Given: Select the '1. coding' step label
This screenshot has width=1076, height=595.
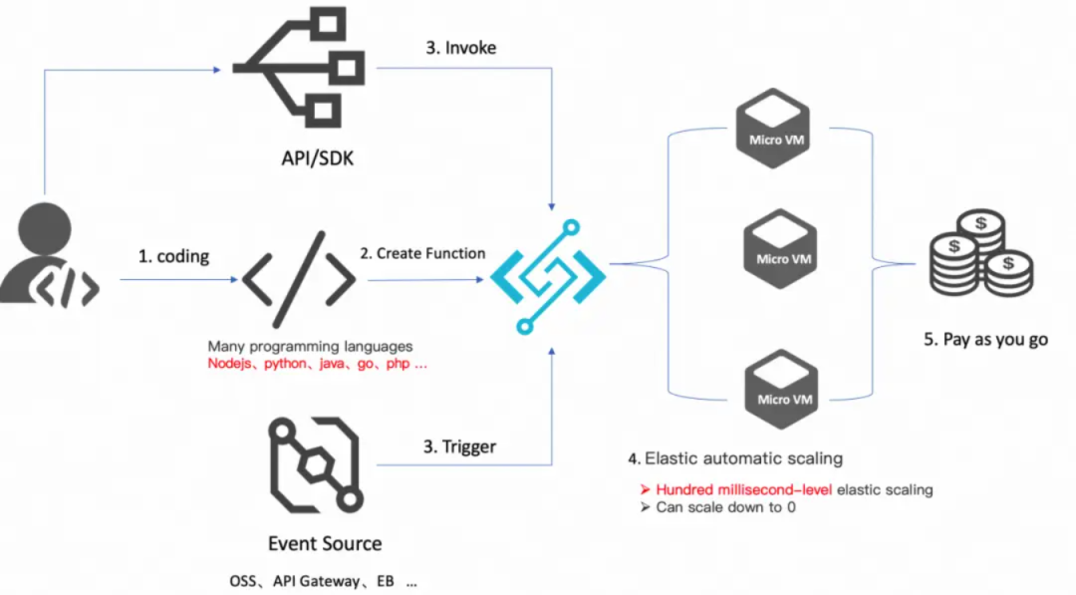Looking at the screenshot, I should pyautogui.click(x=173, y=256).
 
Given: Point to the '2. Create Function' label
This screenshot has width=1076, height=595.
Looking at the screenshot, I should pyautogui.click(x=422, y=253).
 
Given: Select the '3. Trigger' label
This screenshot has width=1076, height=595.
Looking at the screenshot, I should pyautogui.click(x=459, y=446).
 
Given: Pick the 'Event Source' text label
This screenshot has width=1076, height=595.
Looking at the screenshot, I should pyautogui.click(x=325, y=543).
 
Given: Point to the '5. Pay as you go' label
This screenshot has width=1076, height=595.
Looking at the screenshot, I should pyautogui.click(x=986, y=339).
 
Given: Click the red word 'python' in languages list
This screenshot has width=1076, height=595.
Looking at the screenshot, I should pyautogui.click(x=285, y=364).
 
